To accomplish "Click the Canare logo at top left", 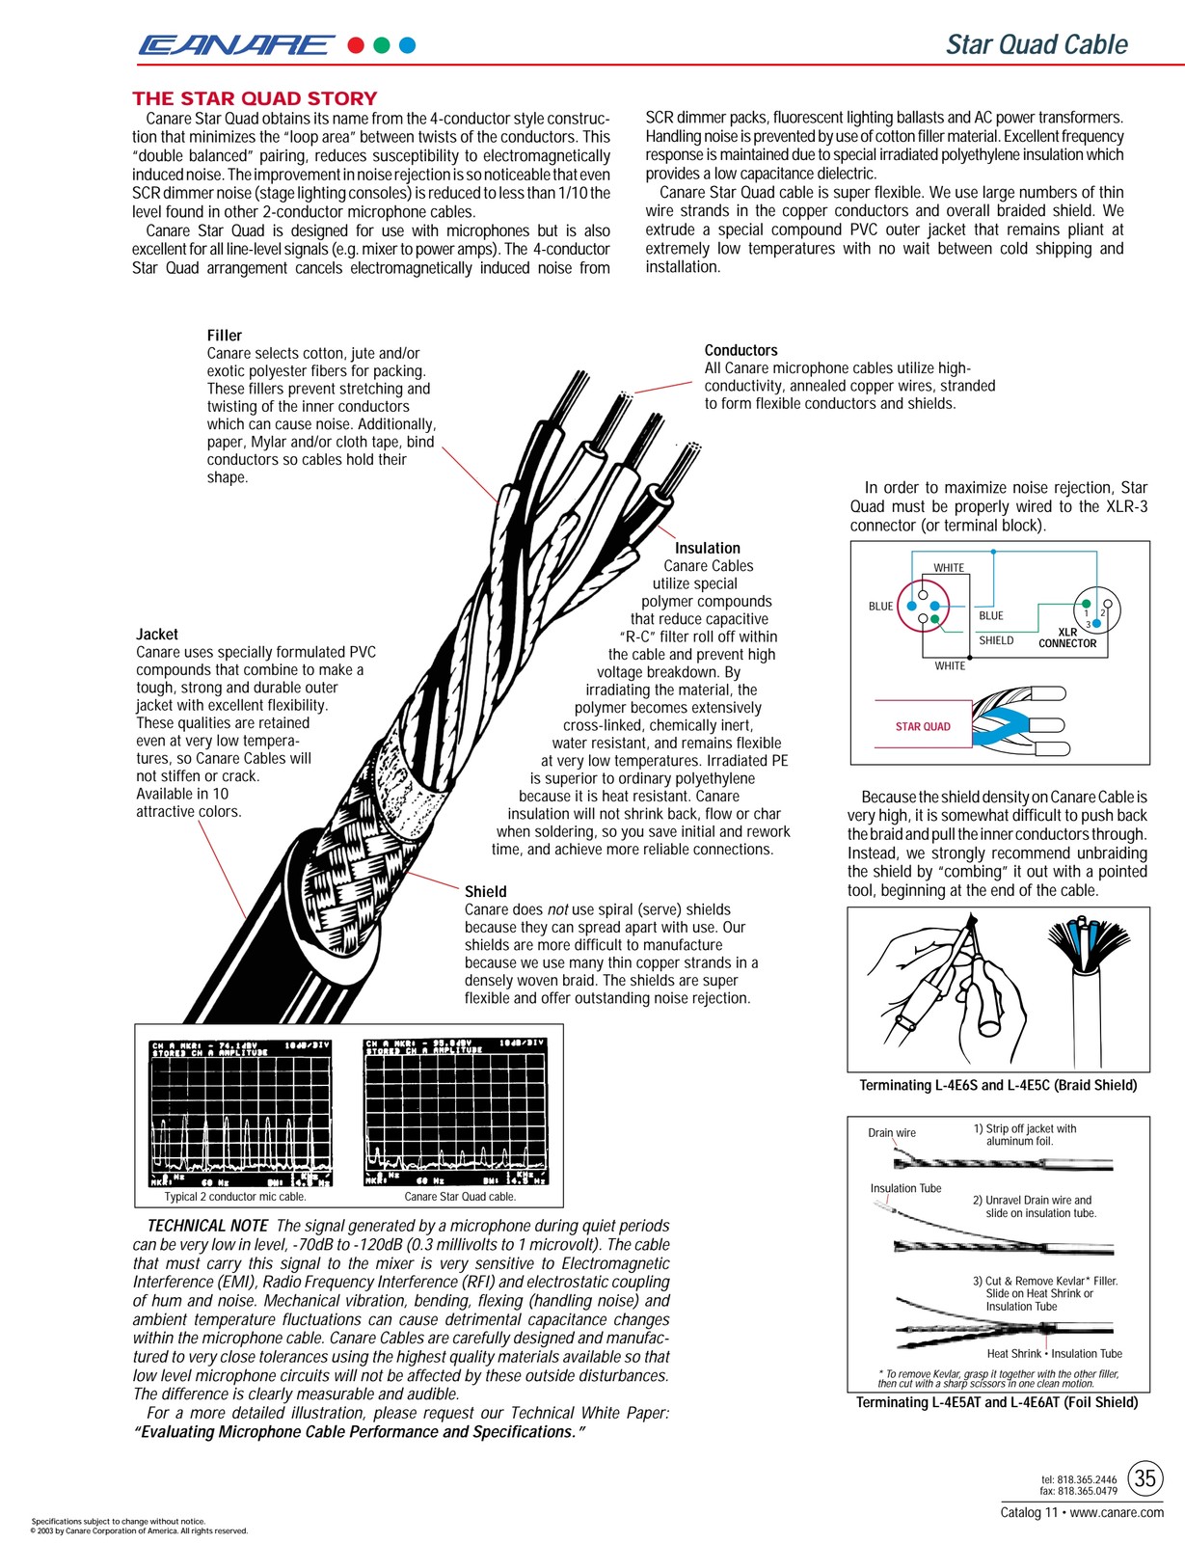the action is tap(235, 44).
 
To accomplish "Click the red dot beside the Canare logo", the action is tap(356, 44).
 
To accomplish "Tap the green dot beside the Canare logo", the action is tap(382, 44).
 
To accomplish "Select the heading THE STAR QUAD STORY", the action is tap(255, 98).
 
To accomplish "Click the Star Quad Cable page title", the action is tap(1037, 44).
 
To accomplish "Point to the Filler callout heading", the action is tap(225, 336).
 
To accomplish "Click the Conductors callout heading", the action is tap(741, 350).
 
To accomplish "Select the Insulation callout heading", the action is tap(708, 548).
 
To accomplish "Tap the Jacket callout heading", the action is tap(157, 634).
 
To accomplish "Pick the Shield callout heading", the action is tap(485, 892).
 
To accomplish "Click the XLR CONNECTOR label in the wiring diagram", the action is tap(1067, 638).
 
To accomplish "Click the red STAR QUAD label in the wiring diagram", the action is tap(923, 726).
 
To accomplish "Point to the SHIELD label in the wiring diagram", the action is tap(996, 640).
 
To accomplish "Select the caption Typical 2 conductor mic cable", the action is tap(235, 1197).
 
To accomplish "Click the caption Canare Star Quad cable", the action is tap(460, 1197).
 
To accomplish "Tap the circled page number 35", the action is tap(1145, 1478).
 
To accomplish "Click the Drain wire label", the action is tap(892, 1133).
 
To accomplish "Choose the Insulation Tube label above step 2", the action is tap(905, 1188).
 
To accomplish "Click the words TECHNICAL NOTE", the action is tap(207, 1226).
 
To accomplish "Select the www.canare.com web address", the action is tap(1117, 1512).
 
